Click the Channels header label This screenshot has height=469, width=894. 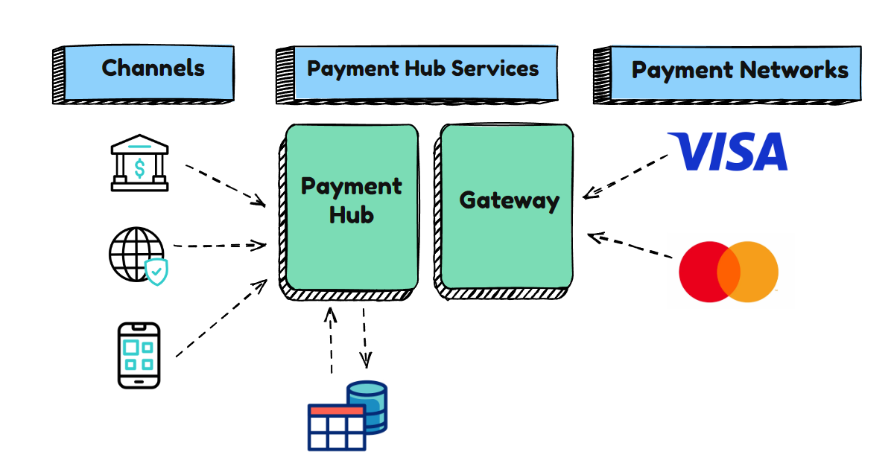pos(153,68)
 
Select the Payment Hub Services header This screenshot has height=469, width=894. pos(422,68)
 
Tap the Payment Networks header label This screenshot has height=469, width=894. pos(740,70)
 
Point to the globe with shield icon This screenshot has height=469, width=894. pos(139,255)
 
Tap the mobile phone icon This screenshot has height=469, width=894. pos(139,355)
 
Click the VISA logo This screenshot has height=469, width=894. pos(727,151)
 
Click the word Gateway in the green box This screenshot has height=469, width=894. pos(509,200)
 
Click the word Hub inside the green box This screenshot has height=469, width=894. pos(351,215)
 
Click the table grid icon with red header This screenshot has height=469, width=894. pos(337,427)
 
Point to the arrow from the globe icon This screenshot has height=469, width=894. pos(220,245)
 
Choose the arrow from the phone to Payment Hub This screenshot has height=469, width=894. pos(221,318)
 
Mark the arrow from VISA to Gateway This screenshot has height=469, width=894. pos(626,176)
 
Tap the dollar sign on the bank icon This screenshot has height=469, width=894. pos(139,169)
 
